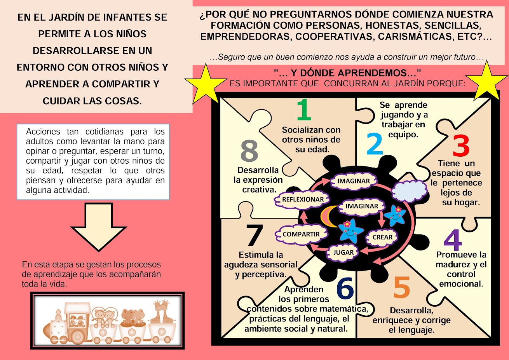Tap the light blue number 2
[x=375, y=144]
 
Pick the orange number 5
[x=402, y=287]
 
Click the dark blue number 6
[x=345, y=288]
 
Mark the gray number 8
[x=249, y=151]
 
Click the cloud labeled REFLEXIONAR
[x=303, y=199]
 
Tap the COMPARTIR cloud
[x=301, y=234]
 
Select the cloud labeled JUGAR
[x=343, y=252]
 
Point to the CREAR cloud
[x=382, y=237]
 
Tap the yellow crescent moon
[x=328, y=216]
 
